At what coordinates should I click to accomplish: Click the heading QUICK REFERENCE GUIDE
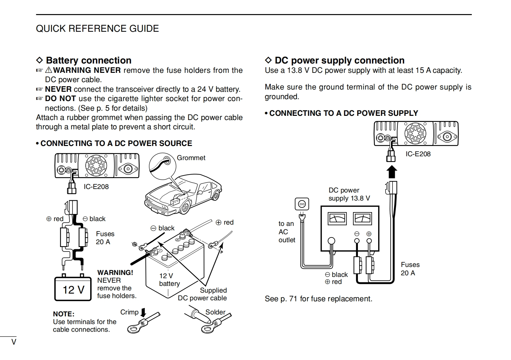point(97,29)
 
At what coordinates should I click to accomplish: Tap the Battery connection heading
point(89,60)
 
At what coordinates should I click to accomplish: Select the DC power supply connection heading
point(339,60)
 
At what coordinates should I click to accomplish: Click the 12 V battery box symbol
point(73,288)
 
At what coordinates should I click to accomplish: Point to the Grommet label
point(191,158)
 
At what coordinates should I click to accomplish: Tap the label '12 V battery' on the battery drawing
point(169,280)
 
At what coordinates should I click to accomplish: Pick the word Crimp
point(129,312)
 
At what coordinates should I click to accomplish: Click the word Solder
point(215,312)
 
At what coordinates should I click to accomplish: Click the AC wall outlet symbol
point(302,204)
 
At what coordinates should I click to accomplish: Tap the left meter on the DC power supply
point(337,219)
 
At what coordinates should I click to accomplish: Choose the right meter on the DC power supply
point(362,219)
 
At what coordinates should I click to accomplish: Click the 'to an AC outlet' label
point(286,232)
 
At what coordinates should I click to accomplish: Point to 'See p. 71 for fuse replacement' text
point(318,299)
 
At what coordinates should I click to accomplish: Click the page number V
point(14,342)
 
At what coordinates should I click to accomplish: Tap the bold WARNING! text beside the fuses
point(115,273)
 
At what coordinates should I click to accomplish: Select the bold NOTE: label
point(64,314)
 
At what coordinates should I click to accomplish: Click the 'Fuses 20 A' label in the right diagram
point(410,269)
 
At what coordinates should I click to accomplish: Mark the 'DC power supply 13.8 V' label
point(349,194)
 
